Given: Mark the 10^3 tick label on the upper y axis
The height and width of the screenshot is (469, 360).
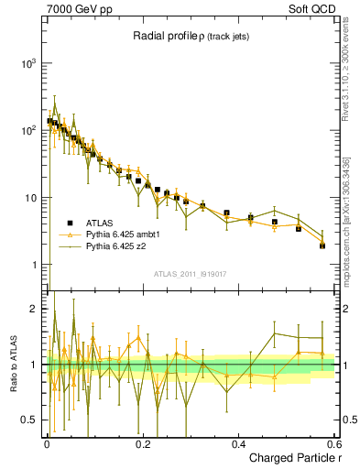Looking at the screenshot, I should tap(28, 63).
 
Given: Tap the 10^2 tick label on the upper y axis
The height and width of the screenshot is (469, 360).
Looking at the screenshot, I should tap(28, 130).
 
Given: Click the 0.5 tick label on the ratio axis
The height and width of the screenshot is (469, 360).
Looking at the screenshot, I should tap(29, 420).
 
